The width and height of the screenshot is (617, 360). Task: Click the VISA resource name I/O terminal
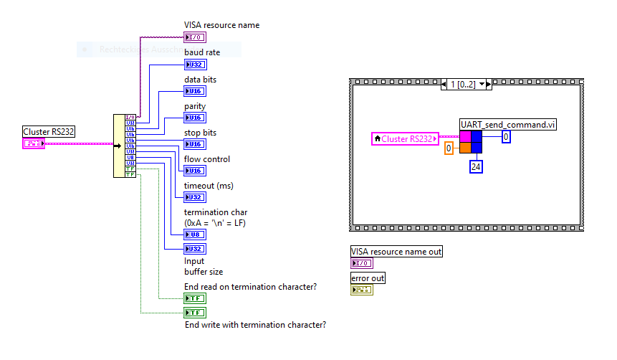click(195, 37)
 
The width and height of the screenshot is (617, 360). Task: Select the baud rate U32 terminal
click(195, 65)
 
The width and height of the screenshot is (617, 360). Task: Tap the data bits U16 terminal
click(195, 91)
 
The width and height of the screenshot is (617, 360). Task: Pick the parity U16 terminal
click(195, 118)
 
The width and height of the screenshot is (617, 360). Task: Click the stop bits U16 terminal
click(195, 144)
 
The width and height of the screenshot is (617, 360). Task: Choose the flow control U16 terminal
click(195, 171)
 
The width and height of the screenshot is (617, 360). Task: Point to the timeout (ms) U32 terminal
click(195, 197)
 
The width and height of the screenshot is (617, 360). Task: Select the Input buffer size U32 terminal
click(195, 249)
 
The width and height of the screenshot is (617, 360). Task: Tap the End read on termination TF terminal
click(195, 298)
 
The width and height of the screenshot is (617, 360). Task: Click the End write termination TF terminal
click(195, 313)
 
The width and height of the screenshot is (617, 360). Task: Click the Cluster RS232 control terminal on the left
click(34, 143)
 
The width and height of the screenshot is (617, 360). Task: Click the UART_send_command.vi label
click(508, 125)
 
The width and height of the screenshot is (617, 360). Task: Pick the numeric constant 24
click(476, 167)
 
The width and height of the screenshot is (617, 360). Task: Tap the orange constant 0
click(449, 148)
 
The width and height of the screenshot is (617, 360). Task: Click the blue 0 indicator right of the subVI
click(506, 136)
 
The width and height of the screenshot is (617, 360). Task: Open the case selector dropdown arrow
click(482, 84)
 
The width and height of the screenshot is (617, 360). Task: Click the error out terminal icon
click(361, 290)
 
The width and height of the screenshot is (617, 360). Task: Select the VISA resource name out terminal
click(361, 263)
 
